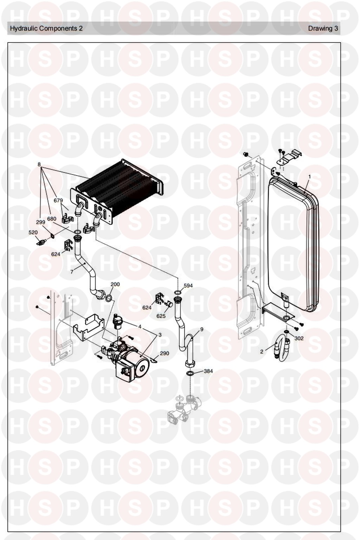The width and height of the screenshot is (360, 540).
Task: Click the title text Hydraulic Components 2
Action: tap(46, 28)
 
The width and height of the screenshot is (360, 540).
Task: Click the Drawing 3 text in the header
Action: tap(323, 28)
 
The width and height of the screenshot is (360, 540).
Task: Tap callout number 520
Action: tap(33, 233)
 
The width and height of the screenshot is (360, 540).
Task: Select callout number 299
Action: tap(40, 222)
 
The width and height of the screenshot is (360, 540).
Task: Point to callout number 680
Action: tap(52, 219)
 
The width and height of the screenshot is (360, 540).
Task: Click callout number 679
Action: tap(58, 200)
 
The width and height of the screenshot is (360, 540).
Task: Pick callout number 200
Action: tap(115, 284)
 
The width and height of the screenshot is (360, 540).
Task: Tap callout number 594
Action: tap(188, 286)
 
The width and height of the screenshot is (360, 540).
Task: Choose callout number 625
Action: tap(161, 316)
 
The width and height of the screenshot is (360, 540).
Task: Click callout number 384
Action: tap(208, 371)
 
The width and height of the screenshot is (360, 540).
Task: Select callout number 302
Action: tap(299, 338)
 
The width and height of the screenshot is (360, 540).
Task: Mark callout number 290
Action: tap(165, 354)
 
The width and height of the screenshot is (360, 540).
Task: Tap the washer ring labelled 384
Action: tap(190, 373)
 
